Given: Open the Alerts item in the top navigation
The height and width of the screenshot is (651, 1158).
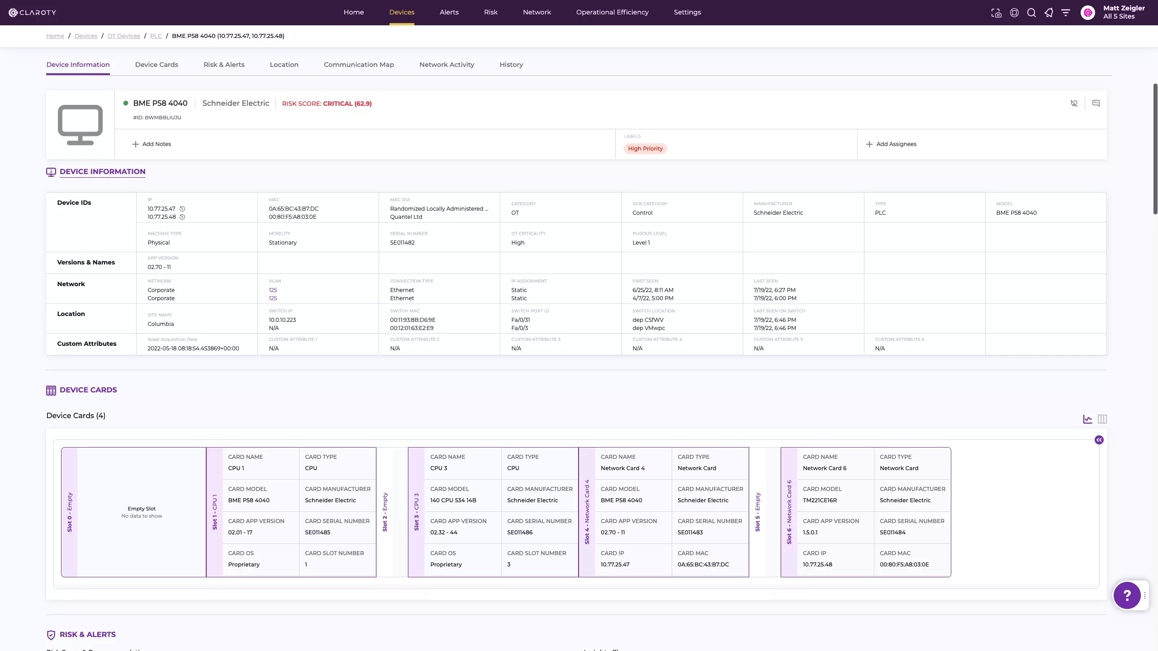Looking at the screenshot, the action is click(449, 12).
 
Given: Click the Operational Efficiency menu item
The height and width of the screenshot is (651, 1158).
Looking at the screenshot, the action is click(612, 12).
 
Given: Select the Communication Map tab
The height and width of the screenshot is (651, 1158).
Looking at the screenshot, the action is click(359, 65).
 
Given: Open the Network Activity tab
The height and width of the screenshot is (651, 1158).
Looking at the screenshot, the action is click(446, 65).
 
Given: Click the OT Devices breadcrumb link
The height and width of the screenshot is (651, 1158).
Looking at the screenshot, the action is click(123, 36).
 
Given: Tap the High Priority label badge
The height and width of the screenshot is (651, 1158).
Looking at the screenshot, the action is click(645, 149).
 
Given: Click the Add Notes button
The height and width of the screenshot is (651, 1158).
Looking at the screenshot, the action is click(152, 144).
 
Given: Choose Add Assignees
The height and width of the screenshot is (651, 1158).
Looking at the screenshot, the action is click(891, 144).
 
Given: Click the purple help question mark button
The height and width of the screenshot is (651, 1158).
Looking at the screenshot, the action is click(1127, 595).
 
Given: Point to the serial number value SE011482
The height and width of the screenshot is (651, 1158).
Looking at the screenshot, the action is click(402, 243).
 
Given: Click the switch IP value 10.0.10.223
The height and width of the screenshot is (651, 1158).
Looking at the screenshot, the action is click(282, 320).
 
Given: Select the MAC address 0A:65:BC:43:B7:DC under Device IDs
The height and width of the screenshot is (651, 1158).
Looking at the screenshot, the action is click(294, 209).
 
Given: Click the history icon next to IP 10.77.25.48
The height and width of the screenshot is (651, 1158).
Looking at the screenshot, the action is click(182, 217).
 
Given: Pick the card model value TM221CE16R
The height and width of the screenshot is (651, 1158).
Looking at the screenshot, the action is click(820, 500).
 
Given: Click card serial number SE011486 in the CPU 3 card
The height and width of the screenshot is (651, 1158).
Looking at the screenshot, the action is click(520, 533).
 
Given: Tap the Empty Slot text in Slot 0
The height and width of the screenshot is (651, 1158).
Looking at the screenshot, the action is click(142, 509).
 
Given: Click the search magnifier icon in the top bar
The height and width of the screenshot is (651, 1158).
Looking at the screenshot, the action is click(1031, 13).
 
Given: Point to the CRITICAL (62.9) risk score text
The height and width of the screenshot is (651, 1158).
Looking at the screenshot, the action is click(347, 104).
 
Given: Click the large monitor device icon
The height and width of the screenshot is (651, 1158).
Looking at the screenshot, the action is click(80, 125).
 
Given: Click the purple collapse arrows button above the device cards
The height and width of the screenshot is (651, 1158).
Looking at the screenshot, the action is click(1099, 440).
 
